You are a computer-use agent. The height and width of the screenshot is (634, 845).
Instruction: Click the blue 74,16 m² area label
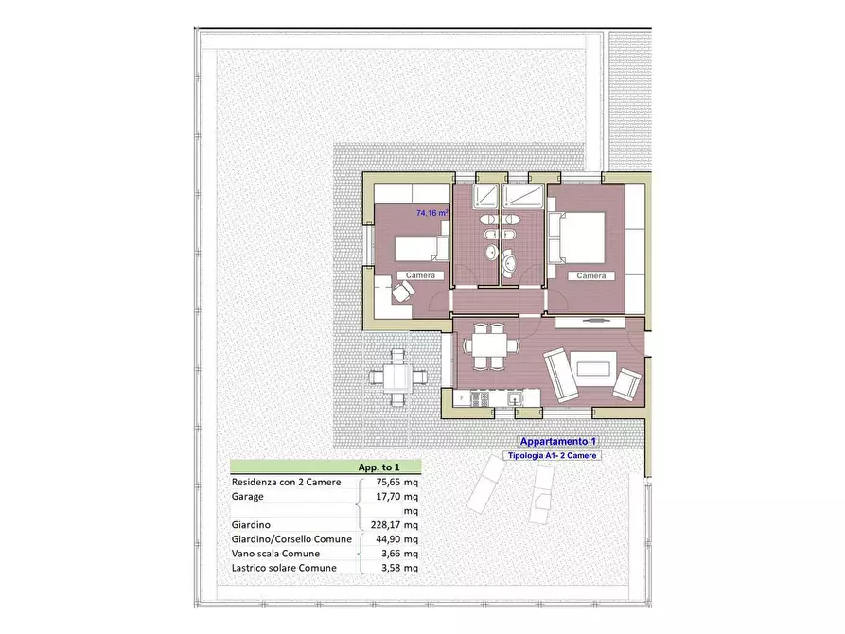click(x=432, y=213)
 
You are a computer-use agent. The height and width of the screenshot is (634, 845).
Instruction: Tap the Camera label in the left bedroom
click(x=420, y=275)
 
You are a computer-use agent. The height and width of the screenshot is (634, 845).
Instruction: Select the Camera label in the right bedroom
click(x=591, y=276)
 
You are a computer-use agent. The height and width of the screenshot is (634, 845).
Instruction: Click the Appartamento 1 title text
click(x=557, y=442)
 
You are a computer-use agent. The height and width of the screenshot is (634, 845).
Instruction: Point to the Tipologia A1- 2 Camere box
click(x=552, y=455)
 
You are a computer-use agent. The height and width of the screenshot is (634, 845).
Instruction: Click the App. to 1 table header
click(x=378, y=467)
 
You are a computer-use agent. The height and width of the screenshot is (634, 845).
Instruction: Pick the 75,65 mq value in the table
click(x=396, y=482)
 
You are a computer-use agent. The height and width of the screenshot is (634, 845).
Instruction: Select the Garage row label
click(x=247, y=497)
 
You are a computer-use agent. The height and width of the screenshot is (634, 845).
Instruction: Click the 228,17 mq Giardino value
click(x=394, y=525)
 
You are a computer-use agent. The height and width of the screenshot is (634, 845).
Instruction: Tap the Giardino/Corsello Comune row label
click(x=291, y=539)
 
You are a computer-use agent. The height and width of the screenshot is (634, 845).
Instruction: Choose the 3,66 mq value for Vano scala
click(x=399, y=554)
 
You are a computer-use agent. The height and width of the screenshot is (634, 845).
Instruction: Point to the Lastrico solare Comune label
click(x=284, y=568)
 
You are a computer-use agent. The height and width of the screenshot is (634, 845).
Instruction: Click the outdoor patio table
click(x=397, y=377)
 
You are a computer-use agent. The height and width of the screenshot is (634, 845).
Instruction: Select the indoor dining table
click(x=489, y=345)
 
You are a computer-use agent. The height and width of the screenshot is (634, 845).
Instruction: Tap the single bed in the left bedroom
click(x=422, y=248)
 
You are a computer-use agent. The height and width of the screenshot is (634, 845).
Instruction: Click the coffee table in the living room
click(x=593, y=369)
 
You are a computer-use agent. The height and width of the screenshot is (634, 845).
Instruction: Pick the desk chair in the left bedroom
click(x=402, y=292)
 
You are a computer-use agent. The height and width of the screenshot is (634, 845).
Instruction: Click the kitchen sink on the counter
click(x=515, y=398)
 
